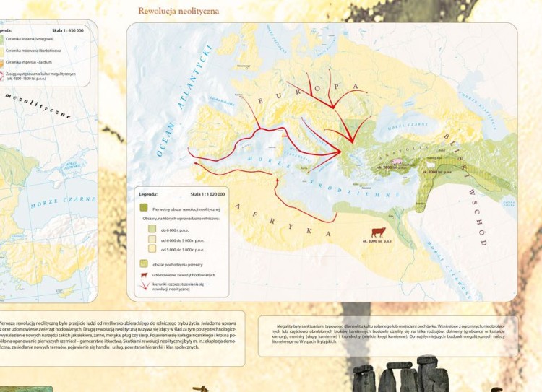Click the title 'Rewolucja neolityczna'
pyautogui.click(x=178, y=12)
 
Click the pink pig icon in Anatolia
pyautogui.click(x=396, y=160)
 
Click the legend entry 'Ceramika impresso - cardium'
pyautogui.click(x=30, y=62)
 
